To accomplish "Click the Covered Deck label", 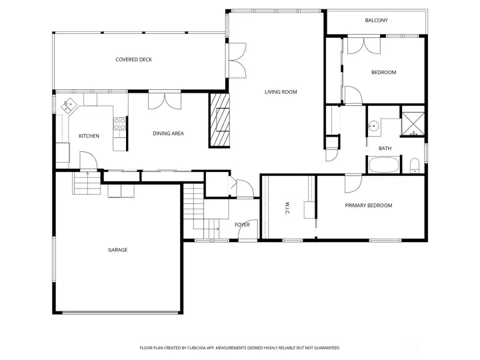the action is (134, 59).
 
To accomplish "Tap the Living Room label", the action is (281, 92).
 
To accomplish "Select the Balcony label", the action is (376, 20).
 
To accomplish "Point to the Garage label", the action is (117, 250).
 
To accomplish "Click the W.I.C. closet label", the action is (287, 208).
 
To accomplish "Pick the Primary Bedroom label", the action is (368, 205).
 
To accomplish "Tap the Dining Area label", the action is (168, 133).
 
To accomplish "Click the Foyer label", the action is (242, 225).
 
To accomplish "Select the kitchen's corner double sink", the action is (69, 105).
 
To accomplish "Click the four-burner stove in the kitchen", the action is (120, 124).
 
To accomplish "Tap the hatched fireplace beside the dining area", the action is (219, 120).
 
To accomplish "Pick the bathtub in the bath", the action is (384, 165).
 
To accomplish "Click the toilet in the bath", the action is (414, 165).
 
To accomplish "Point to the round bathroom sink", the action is (373, 125).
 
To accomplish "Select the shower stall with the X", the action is (413, 124).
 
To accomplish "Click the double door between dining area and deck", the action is (165, 101).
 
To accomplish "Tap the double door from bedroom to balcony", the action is (364, 45).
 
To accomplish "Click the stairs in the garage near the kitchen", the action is (87, 183).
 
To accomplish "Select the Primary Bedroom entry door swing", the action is (353, 184).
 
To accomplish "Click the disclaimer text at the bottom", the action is (240, 348).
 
